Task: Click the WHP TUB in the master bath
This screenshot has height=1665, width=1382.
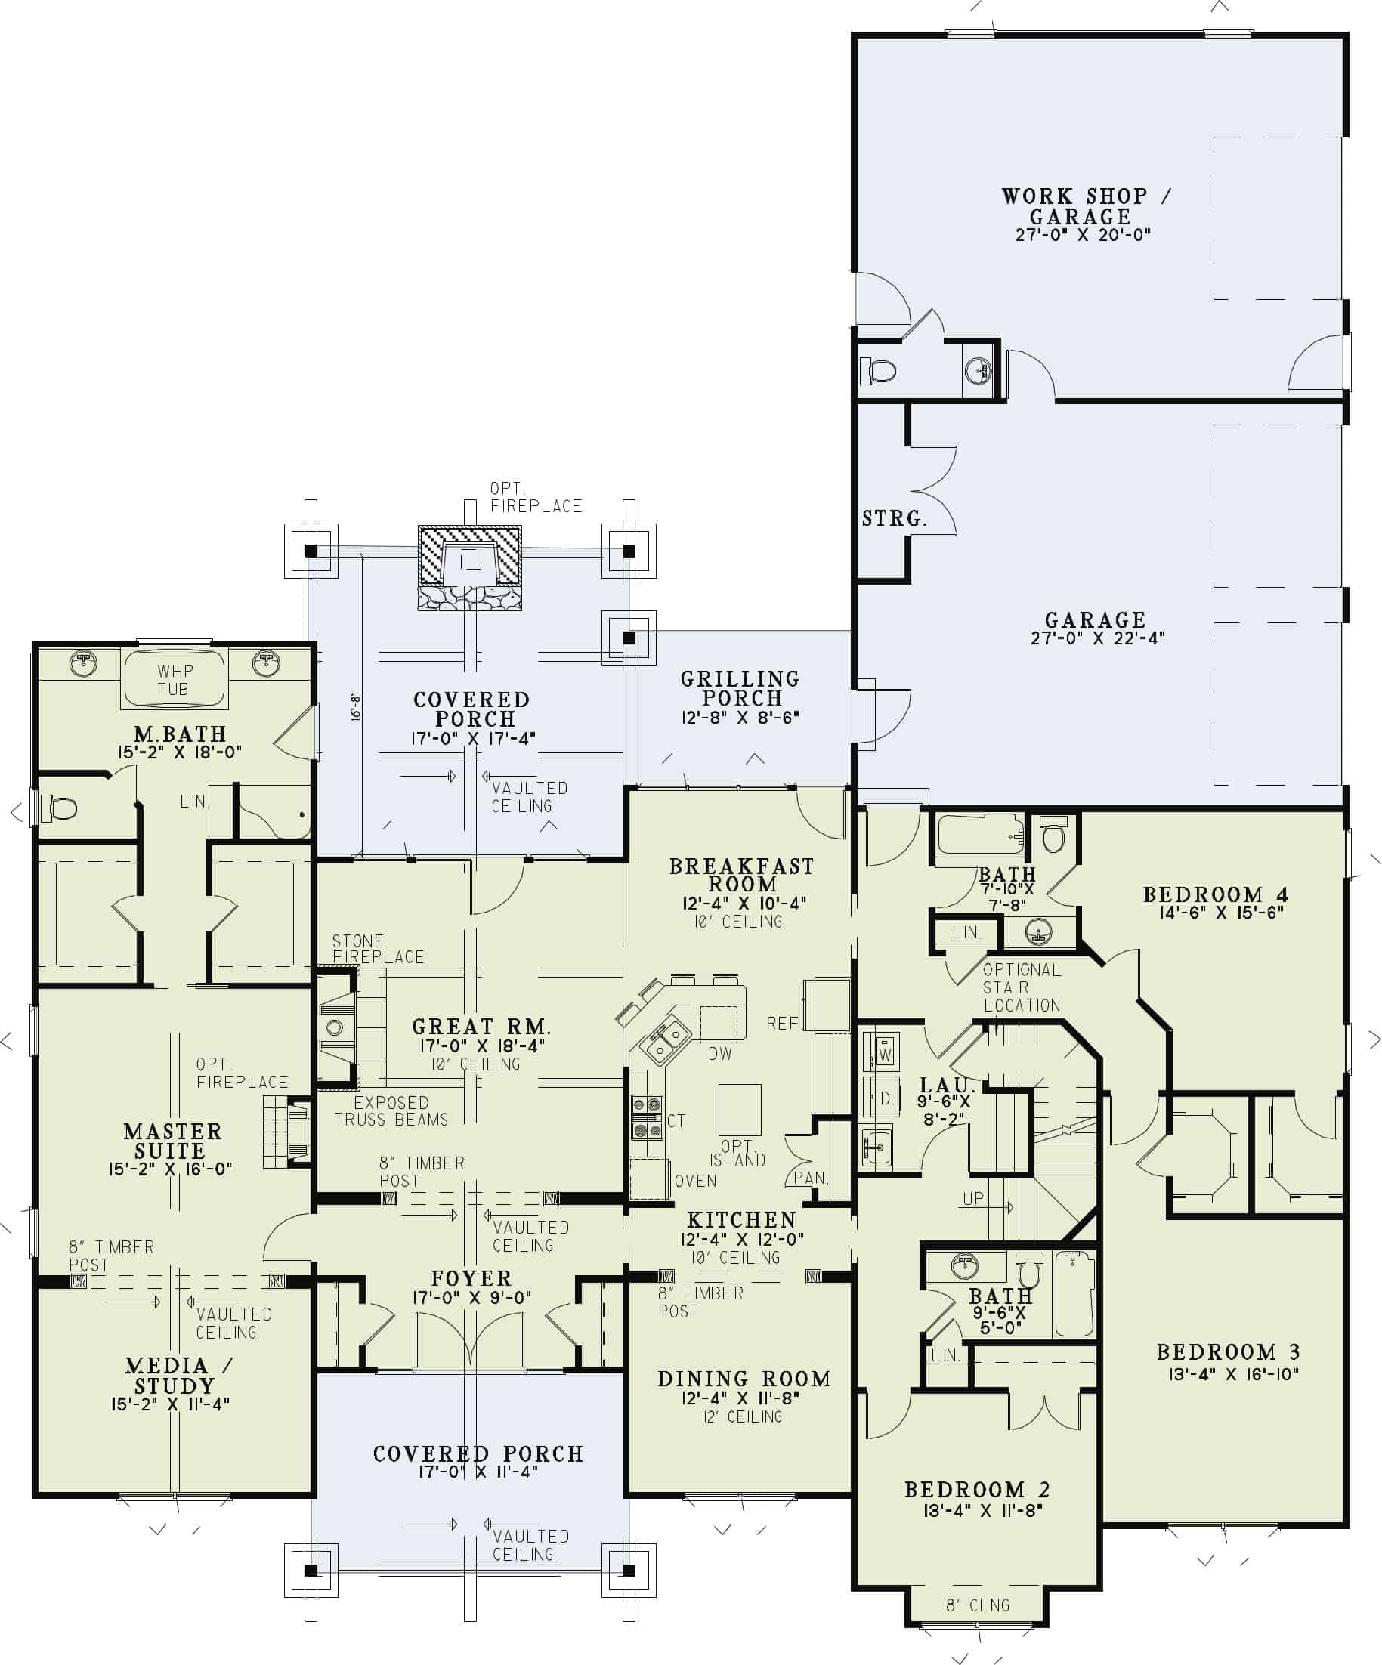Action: click(174, 680)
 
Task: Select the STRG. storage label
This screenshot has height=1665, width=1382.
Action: click(894, 518)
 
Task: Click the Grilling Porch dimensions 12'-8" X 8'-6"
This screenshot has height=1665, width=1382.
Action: click(740, 718)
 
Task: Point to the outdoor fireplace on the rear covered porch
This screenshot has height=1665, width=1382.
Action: click(469, 566)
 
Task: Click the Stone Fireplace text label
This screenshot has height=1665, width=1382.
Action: click(377, 949)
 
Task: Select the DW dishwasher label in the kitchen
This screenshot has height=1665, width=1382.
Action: click(720, 1054)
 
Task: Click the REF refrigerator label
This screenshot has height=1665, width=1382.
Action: click(782, 1024)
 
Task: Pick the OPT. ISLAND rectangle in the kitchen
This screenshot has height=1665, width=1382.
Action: click(739, 1110)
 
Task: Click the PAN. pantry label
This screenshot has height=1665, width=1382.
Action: click(810, 1178)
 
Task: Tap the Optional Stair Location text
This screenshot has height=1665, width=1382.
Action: click(1022, 988)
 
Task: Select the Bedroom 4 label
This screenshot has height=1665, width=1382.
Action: click(1215, 895)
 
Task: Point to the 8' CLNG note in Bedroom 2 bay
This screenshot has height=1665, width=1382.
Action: click(978, 1605)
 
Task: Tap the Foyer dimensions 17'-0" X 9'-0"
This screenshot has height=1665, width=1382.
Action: click(471, 1298)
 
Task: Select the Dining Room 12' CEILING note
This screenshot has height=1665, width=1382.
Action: click(743, 1416)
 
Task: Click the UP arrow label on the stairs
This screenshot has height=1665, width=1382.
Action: click(973, 1199)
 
